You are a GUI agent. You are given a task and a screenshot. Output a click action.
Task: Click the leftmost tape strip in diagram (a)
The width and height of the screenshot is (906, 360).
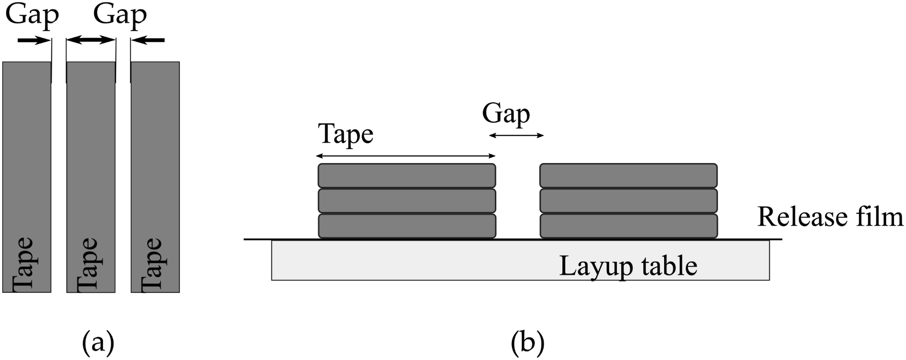click(27, 177)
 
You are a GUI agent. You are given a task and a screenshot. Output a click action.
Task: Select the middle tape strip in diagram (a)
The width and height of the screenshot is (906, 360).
click(91, 177)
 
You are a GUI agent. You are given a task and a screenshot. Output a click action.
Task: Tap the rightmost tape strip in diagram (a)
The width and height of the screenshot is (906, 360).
click(155, 177)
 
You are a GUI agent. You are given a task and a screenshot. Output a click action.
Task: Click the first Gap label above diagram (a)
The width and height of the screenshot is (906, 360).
click(32, 16)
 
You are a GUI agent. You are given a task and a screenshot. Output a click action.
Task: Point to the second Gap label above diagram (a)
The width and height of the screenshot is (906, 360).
click(120, 16)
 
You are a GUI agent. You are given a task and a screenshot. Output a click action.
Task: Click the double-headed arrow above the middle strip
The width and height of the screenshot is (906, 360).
click(91, 40)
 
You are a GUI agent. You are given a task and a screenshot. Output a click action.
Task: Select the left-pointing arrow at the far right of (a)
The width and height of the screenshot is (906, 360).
click(148, 40)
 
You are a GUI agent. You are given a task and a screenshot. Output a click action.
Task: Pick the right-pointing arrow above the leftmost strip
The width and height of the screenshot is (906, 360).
click(34, 40)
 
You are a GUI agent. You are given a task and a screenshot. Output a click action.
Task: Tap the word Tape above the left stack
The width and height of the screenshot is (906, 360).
click(346, 134)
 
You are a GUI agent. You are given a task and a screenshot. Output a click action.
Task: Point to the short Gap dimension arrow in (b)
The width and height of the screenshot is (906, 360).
click(516, 135)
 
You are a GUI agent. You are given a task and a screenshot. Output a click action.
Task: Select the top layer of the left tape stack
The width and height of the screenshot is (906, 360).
click(407, 176)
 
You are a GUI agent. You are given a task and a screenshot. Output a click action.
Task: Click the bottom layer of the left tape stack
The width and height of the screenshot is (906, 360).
click(407, 226)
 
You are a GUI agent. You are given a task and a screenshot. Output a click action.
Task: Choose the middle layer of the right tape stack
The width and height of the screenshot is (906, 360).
click(629, 201)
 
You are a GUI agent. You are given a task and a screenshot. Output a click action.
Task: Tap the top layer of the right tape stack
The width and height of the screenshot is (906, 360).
click(629, 176)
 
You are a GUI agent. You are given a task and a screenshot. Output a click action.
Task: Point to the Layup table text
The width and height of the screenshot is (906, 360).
click(628, 266)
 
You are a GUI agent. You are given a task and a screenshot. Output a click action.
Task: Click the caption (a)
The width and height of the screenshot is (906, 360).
click(98, 343)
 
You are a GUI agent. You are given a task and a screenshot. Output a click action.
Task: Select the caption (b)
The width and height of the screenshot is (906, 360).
click(528, 343)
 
